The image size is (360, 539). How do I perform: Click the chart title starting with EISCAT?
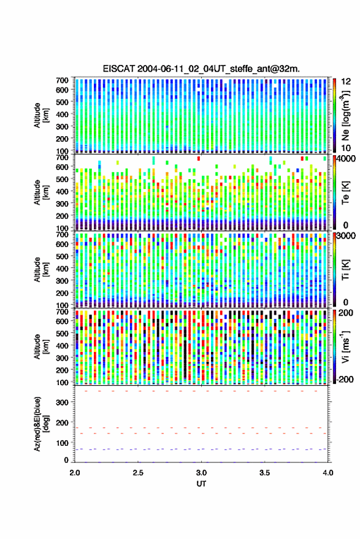point(201,69)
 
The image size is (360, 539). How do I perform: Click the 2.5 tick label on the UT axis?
point(138,473)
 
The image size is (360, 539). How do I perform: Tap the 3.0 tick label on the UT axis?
point(202,473)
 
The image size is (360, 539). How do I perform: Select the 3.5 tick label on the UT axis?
point(265,473)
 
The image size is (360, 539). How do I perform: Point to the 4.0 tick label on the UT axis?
point(328,473)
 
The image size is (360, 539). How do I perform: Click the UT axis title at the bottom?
point(202,484)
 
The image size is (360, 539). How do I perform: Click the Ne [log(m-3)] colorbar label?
point(345,115)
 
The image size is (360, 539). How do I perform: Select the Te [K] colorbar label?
point(345,193)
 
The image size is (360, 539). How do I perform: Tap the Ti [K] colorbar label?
point(345,270)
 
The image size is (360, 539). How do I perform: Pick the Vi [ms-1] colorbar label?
point(345,346)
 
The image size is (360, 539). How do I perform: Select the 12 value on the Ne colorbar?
point(346,82)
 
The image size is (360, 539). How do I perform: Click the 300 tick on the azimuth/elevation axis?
point(62,402)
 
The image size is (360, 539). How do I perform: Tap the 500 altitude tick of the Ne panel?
point(62,102)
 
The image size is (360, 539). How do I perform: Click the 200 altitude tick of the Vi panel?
point(62,370)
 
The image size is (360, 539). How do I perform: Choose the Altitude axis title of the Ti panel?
point(41,270)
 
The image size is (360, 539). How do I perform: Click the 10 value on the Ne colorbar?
point(346,148)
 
